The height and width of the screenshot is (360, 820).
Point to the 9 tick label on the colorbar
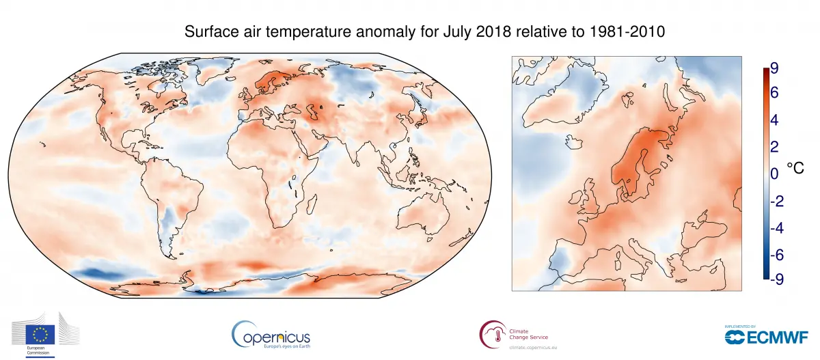coord(774,68)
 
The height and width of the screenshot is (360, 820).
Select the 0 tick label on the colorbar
coord(774,174)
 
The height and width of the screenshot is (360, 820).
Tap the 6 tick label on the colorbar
coord(774,94)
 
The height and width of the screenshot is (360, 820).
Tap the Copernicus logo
coord(271,335)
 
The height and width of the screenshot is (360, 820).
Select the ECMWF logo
coord(766,335)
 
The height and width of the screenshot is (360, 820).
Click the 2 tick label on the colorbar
coord(774,147)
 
